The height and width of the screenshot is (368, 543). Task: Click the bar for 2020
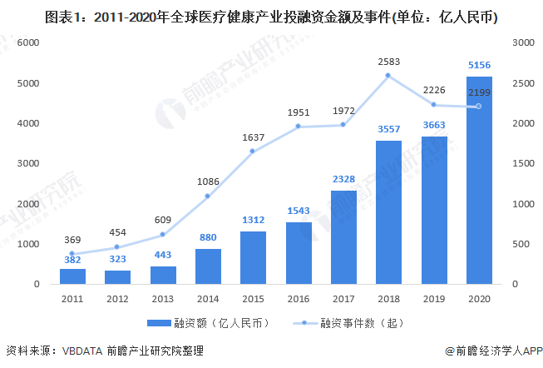(x=478, y=181)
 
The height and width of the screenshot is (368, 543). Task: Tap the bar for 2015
(x=254, y=257)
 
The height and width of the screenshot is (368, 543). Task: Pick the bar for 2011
(x=72, y=276)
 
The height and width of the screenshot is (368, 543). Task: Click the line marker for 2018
(x=388, y=76)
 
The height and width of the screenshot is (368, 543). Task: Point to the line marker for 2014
(x=208, y=196)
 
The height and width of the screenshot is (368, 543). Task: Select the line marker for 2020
(x=478, y=107)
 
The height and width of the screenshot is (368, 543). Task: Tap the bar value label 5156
(x=478, y=67)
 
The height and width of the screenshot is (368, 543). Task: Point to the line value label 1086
(x=208, y=181)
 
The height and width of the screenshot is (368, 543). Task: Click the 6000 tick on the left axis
(x=28, y=42)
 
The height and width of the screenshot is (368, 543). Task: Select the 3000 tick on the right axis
(x=521, y=42)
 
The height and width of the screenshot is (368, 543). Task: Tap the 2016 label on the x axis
(x=299, y=297)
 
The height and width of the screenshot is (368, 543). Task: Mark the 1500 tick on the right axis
(x=521, y=163)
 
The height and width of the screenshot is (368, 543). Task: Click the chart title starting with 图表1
(x=271, y=15)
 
